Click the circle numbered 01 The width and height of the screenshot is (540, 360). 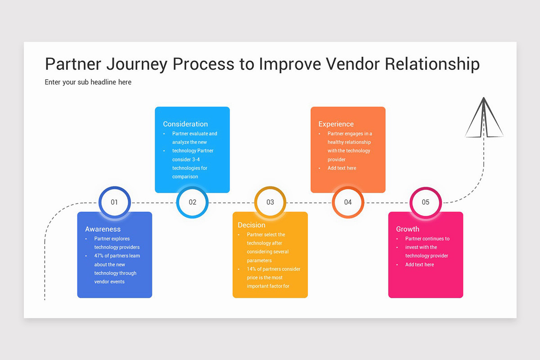point(114,202)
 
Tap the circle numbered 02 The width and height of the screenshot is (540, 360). point(192,202)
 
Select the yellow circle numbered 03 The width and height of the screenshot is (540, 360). point(270,202)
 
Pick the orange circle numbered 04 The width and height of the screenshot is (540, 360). point(348,202)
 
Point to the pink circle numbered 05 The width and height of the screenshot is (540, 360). point(425,202)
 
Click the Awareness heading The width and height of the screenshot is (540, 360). point(103,229)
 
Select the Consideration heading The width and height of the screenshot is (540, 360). point(185,124)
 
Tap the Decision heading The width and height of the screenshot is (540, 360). point(252,225)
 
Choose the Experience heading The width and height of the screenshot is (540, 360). point(336,124)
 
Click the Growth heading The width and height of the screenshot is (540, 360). point(408,229)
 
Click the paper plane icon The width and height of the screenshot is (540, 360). point(484,118)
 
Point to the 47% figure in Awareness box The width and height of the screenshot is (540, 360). point(99,256)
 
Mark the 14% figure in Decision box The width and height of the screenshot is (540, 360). point(251,269)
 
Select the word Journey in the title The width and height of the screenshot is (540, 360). point(137,64)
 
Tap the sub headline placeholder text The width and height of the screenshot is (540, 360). point(88,82)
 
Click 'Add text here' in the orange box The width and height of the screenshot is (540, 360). point(342,168)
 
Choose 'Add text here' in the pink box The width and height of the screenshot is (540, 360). point(419,265)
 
